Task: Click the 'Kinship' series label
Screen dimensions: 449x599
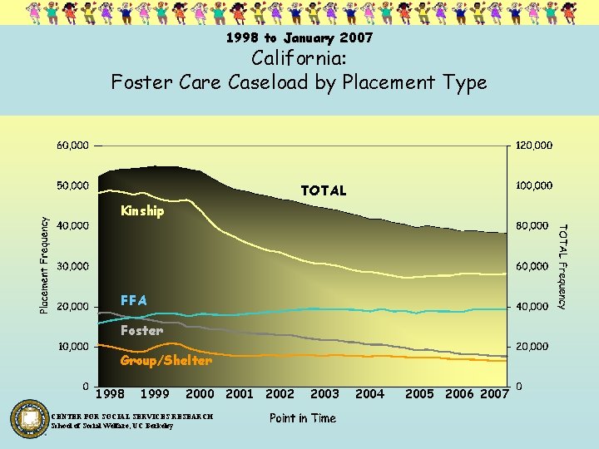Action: tap(142, 211)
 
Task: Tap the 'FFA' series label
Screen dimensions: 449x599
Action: tap(134, 300)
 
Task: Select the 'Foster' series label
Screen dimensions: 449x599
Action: tap(141, 331)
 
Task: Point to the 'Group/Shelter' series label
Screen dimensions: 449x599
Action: tap(166, 361)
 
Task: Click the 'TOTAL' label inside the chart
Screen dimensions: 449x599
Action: tap(324, 191)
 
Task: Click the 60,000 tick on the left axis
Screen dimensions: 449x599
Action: tap(73, 146)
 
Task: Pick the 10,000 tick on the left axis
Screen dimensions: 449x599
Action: tap(73, 346)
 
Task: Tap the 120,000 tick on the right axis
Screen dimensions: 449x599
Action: tap(534, 146)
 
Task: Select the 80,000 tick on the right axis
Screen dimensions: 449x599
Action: tap(532, 225)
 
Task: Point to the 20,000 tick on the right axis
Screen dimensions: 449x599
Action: tap(532, 346)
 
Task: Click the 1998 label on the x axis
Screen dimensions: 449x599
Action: tap(111, 394)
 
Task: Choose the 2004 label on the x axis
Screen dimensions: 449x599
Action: tap(369, 394)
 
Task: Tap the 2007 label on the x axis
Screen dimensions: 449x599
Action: tap(494, 394)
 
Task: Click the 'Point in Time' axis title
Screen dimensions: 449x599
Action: tap(303, 418)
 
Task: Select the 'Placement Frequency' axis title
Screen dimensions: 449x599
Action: tap(45, 260)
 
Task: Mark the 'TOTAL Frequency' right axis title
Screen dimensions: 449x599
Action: tap(562, 266)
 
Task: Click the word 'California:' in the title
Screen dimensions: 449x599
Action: tap(299, 60)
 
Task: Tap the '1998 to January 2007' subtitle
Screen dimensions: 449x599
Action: tap(299, 38)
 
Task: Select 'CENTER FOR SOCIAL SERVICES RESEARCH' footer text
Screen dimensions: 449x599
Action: tap(132, 417)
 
